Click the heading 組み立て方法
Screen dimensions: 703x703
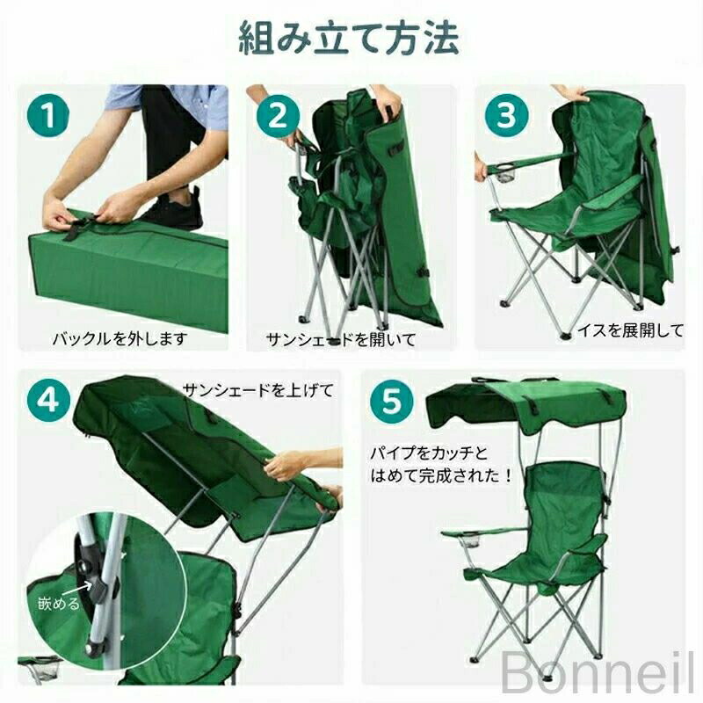click(x=349, y=39)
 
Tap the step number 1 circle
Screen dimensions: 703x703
click(x=48, y=115)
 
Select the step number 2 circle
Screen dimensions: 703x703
click(x=278, y=115)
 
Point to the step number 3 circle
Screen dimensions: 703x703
click(x=506, y=115)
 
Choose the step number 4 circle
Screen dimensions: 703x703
click(x=48, y=400)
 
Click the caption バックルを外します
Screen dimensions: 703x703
click(x=120, y=338)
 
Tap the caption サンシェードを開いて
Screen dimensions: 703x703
click(x=341, y=339)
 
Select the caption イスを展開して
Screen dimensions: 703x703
click(x=630, y=330)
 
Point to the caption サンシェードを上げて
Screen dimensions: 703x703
click(x=258, y=390)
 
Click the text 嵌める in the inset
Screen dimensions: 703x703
click(x=59, y=604)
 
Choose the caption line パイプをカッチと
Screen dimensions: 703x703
click(x=429, y=453)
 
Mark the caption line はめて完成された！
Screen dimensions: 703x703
click(x=441, y=475)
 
